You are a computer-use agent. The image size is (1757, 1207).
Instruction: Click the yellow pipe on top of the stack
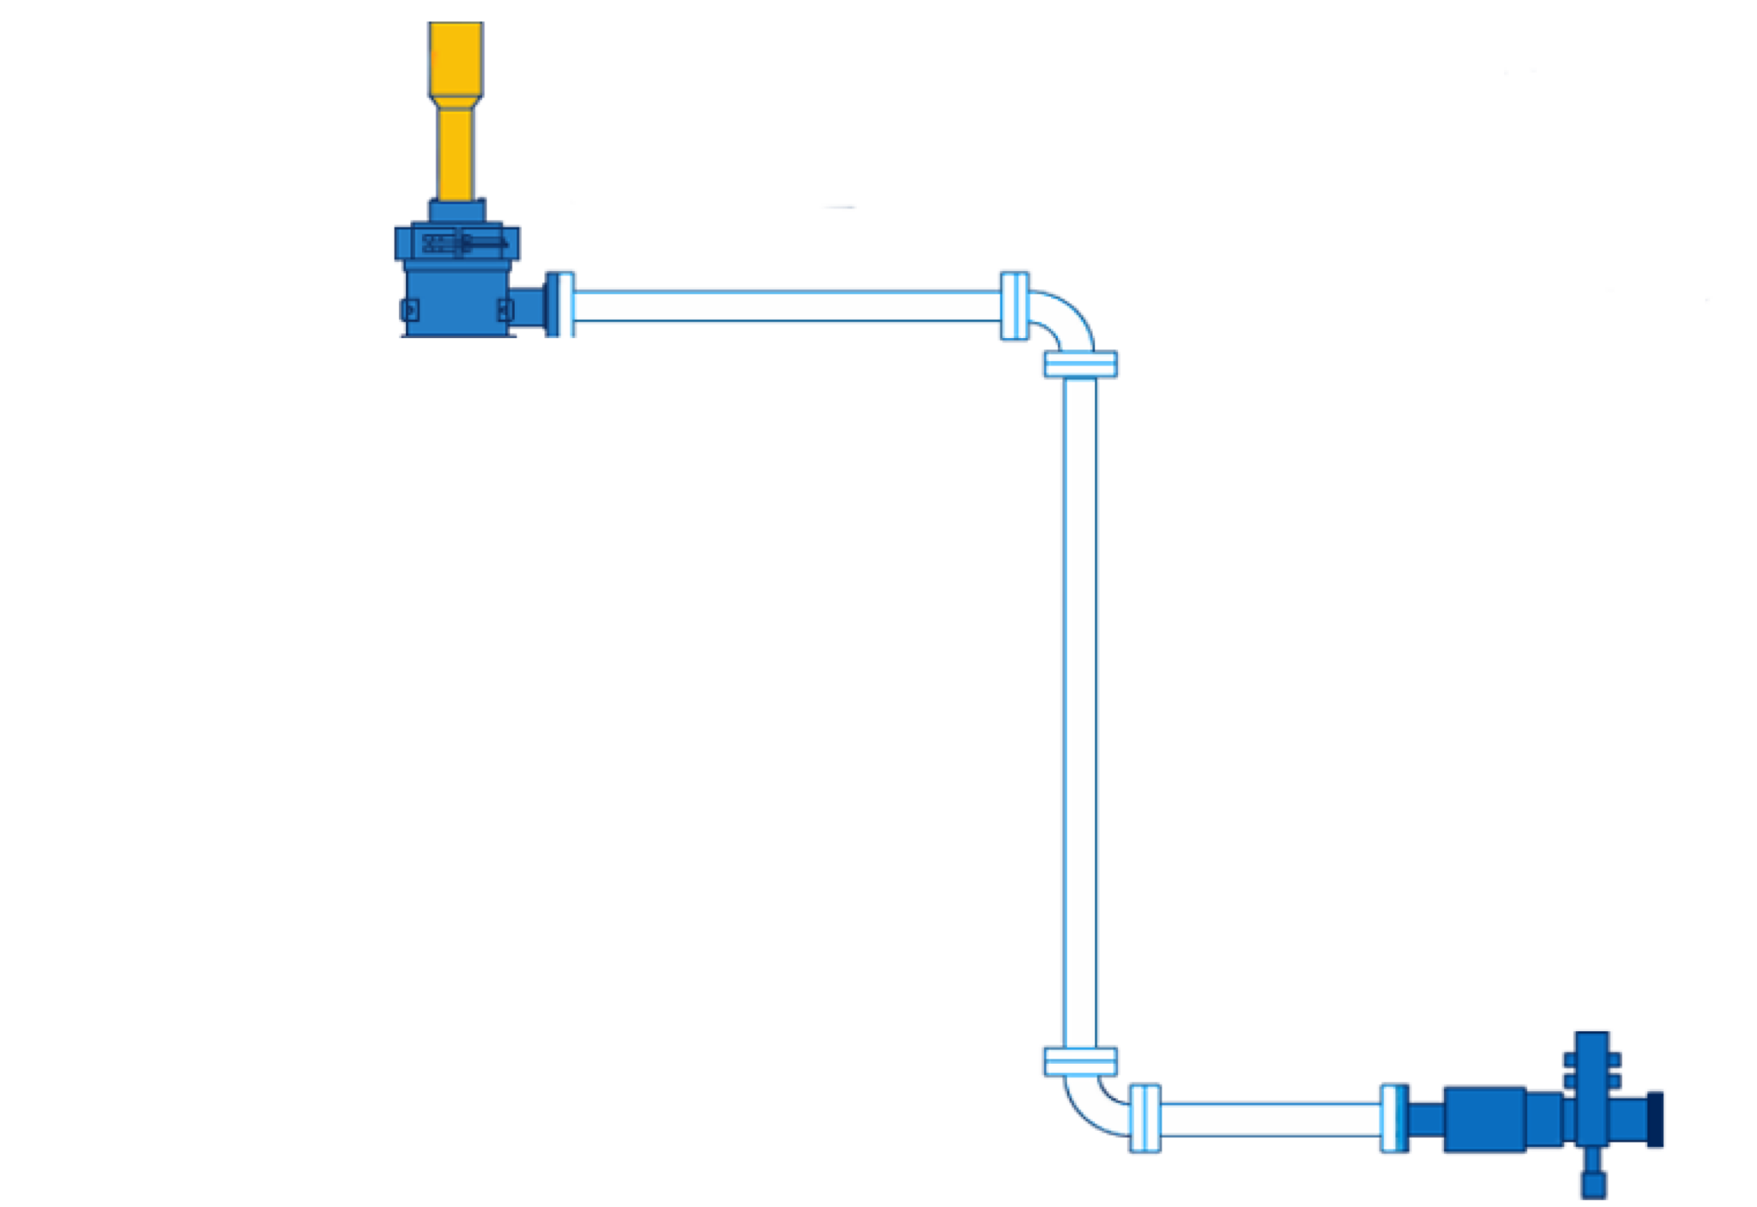(456, 112)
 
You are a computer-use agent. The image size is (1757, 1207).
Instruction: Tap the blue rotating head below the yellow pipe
(456, 275)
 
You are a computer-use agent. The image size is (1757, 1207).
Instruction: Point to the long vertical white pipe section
(1081, 712)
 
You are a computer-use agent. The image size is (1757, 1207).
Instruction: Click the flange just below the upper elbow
(1080, 365)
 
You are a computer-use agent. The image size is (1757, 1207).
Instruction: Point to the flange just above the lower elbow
(1080, 1062)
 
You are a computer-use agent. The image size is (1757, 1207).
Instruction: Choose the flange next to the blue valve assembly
(1393, 1118)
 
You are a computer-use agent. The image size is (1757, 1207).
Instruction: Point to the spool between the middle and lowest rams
(456, 836)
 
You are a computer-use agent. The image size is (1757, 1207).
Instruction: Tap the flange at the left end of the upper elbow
(1013, 305)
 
